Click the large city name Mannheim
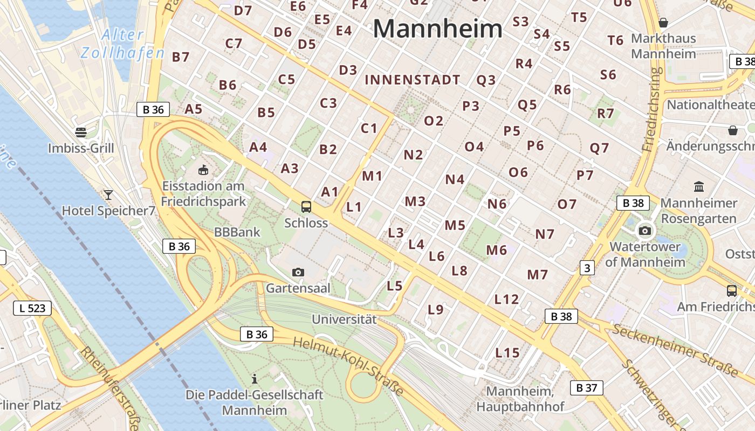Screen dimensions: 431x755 click(x=437, y=28)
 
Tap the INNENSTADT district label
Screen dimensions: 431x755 click(x=413, y=80)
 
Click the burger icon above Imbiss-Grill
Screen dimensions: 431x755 click(x=81, y=132)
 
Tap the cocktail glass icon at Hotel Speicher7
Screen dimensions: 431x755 click(x=108, y=194)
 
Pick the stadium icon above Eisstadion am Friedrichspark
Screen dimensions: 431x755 click(x=204, y=170)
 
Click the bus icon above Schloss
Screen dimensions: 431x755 click(x=306, y=206)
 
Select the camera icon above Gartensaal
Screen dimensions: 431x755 click(x=298, y=272)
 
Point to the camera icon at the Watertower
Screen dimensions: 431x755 click(x=644, y=231)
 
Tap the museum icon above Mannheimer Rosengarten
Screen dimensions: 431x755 click(x=699, y=187)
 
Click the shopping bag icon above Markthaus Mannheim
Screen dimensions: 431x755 click(x=663, y=23)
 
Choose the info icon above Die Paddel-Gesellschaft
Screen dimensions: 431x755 click(x=255, y=379)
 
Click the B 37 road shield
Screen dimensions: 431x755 click(x=586, y=387)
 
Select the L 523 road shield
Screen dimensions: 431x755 click(x=32, y=308)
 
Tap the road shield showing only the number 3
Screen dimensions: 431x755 click(x=587, y=268)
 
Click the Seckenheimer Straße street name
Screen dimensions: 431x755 click(x=675, y=351)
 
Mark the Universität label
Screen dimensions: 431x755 click(x=344, y=319)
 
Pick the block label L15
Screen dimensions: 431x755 click(x=507, y=353)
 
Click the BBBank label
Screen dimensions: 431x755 click(x=237, y=233)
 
